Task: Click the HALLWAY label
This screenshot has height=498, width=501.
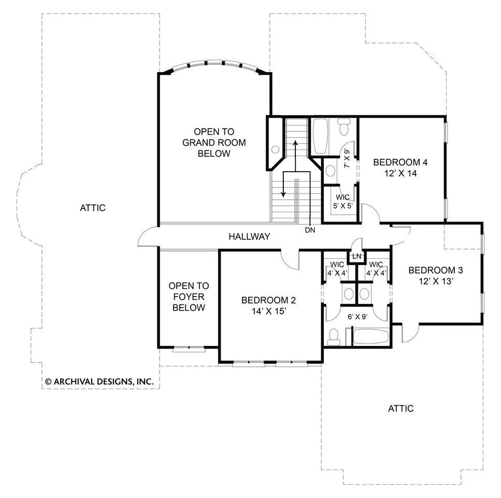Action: coord(249,237)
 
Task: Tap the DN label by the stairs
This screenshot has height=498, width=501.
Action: coord(310,230)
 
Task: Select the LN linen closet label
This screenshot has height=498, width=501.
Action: coord(356,256)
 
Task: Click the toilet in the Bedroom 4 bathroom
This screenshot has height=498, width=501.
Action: coord(344,127)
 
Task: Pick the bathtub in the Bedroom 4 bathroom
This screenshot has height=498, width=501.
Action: coord(321,136)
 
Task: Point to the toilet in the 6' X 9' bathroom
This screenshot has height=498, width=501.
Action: coord(334,337)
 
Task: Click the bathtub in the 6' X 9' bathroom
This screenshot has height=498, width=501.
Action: coord(370,337)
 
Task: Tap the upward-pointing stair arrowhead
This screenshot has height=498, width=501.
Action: coord(295,143)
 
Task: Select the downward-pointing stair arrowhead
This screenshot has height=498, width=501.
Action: coord(283,194)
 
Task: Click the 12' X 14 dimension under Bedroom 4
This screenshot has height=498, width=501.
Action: coord(400,173)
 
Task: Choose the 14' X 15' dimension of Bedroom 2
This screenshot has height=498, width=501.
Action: coord(268,311)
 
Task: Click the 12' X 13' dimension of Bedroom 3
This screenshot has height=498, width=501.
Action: coord(436,281)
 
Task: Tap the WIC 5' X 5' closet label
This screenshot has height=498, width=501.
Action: coord(342,201)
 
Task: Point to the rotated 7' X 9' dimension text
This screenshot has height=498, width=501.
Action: coord(347,158)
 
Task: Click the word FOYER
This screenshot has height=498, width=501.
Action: coord(189,297)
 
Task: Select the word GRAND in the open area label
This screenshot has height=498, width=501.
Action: coord(198,143)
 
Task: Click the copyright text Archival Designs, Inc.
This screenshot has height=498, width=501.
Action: coord(99,381)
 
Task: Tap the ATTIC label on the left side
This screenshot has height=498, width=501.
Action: coord(93,208)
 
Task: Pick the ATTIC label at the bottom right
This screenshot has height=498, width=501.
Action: coord(400,408)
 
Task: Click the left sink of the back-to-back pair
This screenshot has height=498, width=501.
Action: coord(349,293)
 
